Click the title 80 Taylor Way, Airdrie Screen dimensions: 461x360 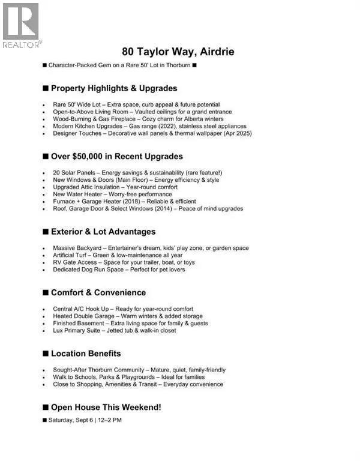[179, 52]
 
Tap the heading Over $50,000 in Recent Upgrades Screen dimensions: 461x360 [113, 157]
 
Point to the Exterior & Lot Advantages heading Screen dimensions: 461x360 [103, 232]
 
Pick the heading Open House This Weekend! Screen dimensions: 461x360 [102, 407]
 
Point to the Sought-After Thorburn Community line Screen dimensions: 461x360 [139, 370]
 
